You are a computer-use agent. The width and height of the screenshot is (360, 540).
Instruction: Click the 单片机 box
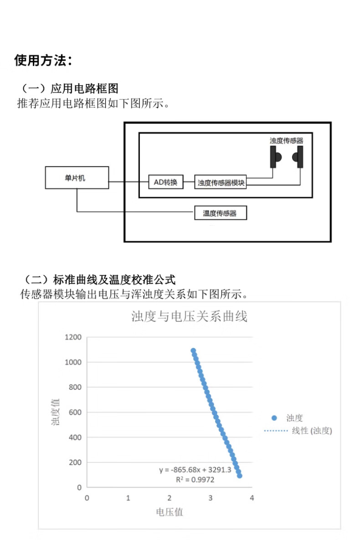(x=77, y=177)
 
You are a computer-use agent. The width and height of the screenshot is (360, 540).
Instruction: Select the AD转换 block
(x=166, y=182)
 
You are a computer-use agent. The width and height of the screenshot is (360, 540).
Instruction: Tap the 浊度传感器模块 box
(x=221, y=183)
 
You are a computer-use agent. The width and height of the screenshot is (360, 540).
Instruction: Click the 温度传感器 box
(x=221, y=213)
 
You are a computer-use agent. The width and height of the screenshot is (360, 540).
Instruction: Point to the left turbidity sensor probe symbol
(x=275, y=157)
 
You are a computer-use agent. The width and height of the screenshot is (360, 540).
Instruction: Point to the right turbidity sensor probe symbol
(x=298, y=157)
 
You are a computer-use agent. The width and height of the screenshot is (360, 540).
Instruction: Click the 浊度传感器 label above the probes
(x=286, y=140)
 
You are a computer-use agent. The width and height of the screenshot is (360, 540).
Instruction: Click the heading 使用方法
(x=43, y=60)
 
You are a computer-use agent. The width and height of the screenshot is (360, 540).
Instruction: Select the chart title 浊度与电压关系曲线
(x=189, y=317)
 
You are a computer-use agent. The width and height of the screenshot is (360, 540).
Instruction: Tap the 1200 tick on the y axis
(x=73, y=337)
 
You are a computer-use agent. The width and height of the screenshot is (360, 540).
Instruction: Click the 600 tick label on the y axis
(x=75, y=412)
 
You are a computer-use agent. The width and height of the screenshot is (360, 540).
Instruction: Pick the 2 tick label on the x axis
(x=170, y=498)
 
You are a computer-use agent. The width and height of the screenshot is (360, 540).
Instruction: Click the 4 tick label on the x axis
(x=252, y=498)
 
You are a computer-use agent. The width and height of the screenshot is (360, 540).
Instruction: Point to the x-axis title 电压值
(x=170, y=512)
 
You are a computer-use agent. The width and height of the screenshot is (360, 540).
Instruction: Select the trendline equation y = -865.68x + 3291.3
(x=195, y=470)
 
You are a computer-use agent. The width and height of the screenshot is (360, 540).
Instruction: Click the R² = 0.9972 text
(x=195, y=479)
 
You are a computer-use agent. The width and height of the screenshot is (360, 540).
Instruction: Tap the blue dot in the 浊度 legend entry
(x=274, y=418)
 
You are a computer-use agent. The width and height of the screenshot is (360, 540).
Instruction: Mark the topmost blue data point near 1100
(x=193, y=351)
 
